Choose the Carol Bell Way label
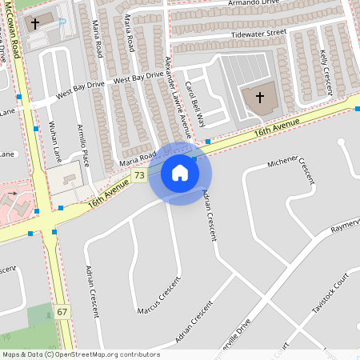coord(195,104)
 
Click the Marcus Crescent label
coord(158,296)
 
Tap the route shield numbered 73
coord(139,175)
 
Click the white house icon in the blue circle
coord(180,173)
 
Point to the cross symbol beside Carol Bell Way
coord(259,98)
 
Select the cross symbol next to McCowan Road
coord(34,23)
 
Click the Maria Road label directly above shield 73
coord(137,161)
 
